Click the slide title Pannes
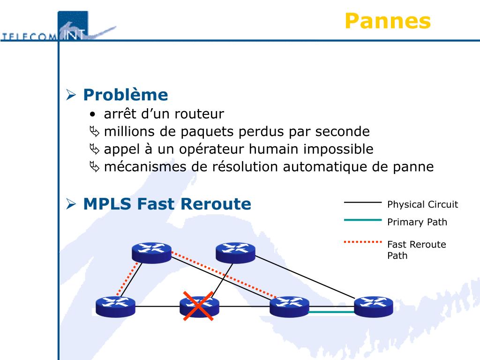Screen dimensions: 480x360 point(387,21)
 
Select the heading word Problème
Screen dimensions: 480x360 point(125,95)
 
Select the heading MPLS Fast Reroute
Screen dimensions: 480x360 point(167,204)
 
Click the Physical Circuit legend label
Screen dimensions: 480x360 point(422,204)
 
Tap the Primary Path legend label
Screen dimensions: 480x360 point(417,222)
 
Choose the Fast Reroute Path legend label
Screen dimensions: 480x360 point(416,249)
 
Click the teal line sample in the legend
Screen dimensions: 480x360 point(363,219)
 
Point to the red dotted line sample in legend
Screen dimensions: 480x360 point(363,242)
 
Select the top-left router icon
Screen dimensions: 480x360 point(151,252)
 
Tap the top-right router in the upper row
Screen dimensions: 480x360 point(235,252)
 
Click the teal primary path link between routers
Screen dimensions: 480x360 point(331,312)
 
